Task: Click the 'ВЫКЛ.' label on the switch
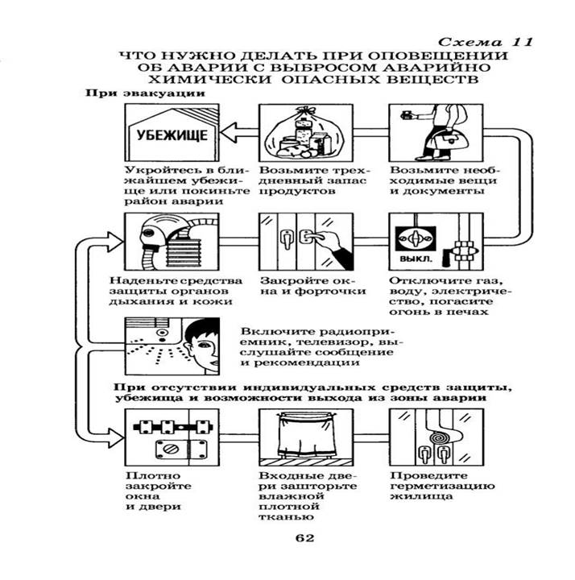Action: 411,261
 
